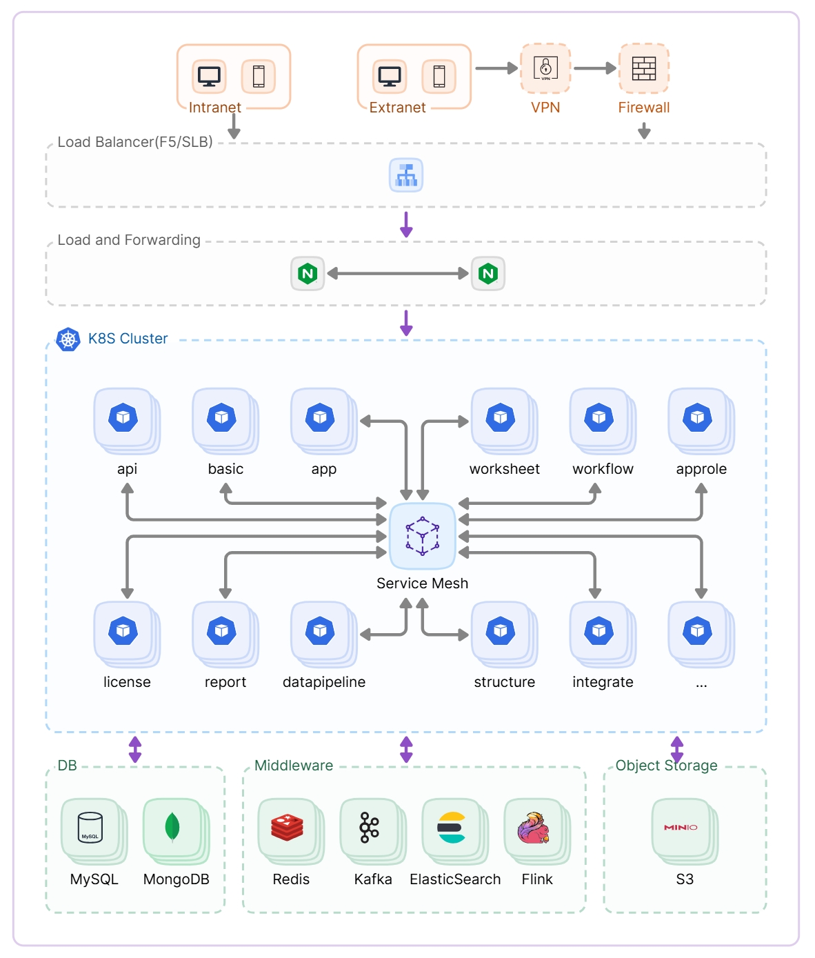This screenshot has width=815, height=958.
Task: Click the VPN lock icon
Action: tap(547, 68)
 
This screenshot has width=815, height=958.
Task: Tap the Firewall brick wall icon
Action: tap(645, 68)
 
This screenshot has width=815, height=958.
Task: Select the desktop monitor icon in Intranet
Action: tap(210, 77)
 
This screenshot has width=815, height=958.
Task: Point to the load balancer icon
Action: tap(407, 175)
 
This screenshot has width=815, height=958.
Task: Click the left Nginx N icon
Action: tap(308, 274)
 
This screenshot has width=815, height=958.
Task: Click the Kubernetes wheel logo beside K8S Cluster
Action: tap(68, 340)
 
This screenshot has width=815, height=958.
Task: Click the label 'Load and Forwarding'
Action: tap(129, 241)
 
